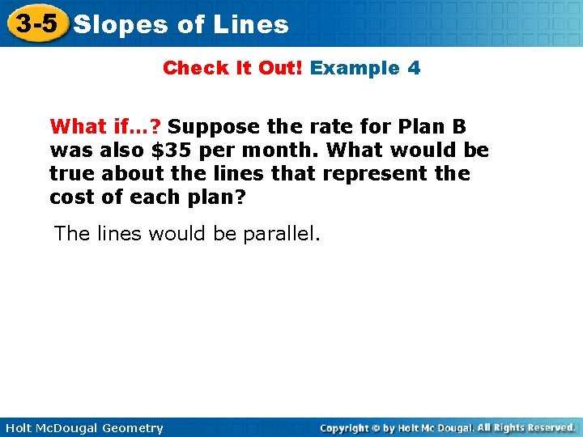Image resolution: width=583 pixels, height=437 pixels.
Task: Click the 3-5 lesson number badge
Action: [x=36, y=23]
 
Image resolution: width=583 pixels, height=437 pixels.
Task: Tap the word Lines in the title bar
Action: [x=251, y=25]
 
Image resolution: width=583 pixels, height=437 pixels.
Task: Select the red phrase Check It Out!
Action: [x=232, y=68]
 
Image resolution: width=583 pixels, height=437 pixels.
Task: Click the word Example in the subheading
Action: [x=354, y=68]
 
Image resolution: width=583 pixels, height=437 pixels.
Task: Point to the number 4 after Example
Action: [x=414, y=68]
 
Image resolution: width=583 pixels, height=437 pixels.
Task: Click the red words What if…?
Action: [x=105, y=127]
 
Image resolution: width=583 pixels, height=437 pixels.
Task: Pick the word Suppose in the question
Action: [x=211, y=127]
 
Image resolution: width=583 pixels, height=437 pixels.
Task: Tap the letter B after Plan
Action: [x=459, y=127]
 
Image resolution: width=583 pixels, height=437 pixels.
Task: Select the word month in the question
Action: [x=277, y=151]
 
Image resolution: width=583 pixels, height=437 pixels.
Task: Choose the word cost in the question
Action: [x=71, y=197]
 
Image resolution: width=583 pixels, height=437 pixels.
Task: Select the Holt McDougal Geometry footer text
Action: [x=83, y=428]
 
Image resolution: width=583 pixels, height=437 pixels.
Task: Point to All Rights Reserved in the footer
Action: [x=526, y=427]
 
